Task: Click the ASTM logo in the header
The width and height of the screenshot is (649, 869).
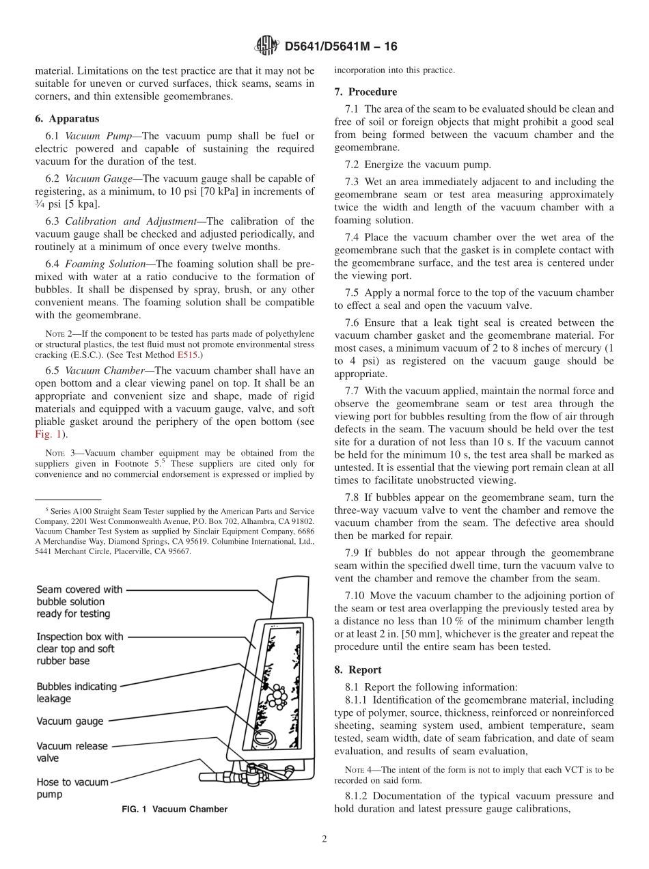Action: (266, 46)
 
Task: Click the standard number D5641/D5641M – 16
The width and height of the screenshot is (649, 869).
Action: (340, 46)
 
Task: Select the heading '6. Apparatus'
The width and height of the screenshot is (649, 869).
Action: (67, 118)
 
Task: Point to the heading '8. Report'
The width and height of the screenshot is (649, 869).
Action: (358, 670)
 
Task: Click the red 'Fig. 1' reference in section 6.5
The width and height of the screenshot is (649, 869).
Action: (47, 433)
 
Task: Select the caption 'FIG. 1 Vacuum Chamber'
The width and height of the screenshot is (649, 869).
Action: (175, 809)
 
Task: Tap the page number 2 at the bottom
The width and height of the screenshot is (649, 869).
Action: (324, 840)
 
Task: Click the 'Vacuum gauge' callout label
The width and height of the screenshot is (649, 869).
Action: (70, 721)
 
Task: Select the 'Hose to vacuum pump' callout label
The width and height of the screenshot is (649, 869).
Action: (72, 788)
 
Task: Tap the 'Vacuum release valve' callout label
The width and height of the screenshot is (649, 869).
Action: (72, 751)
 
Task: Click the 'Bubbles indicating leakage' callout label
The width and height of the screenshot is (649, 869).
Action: (76, 692)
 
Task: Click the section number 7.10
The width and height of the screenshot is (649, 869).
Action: (357, 596)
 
